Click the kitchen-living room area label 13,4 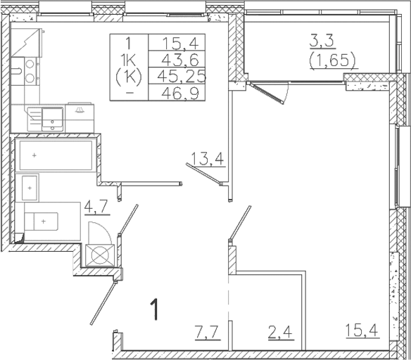[209, 157]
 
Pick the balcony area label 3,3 [325, 41]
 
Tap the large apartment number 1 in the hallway [156, 310]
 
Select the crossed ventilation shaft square [99, 255]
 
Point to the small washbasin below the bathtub [29, 188]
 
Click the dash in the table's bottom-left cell [129, 92]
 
